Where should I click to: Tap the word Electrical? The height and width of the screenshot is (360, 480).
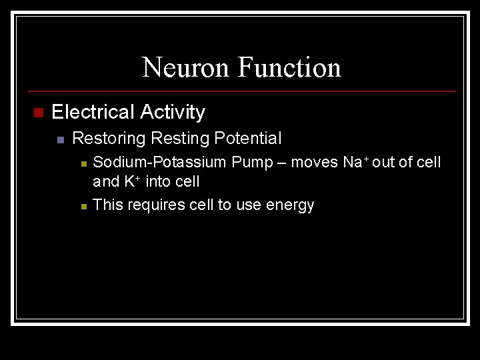(93, 112)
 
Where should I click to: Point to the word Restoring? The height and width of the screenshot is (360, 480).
(108, 139)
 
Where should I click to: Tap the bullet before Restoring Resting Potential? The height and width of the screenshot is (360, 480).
(60, 139)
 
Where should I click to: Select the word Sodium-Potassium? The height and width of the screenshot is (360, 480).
(159, 162)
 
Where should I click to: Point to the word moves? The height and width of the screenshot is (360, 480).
(315, 162)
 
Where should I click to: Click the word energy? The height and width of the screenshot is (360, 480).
(290, 205)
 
